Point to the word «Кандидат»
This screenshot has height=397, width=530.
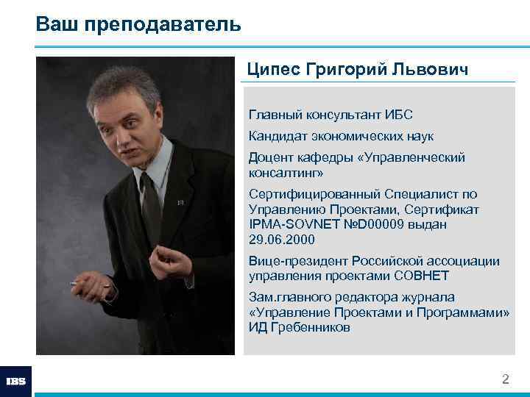(275, 136)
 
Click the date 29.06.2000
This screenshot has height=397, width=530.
(281, 240)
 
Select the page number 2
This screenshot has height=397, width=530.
(505, 379)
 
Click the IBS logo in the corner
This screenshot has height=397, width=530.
(15, 382)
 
